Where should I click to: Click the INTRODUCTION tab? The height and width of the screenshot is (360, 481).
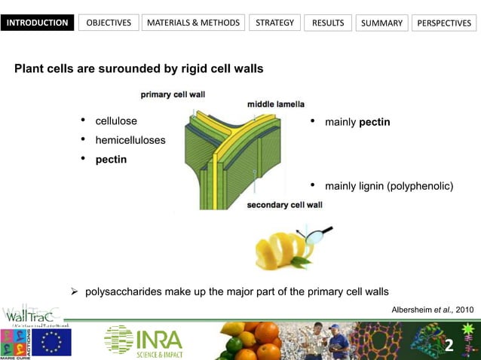[x=38, y=23]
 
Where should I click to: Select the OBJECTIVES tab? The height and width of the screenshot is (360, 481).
[x=109, y=23]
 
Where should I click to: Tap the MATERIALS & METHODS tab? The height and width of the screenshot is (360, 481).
[x=193, y=23]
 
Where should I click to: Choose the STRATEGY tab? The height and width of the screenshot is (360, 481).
[x=274, y=23]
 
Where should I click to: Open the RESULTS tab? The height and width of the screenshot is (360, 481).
[x=328, y=23]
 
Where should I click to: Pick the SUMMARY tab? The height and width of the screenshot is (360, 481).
[x=381, y=23]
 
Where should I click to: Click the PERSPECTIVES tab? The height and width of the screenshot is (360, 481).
[x=444, y=23]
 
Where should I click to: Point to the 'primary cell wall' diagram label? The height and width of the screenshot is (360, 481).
[x=173, y=94]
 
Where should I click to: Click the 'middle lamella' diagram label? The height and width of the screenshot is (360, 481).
[x=276, y=104]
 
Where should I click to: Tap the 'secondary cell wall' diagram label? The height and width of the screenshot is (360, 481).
[x=285, y=204]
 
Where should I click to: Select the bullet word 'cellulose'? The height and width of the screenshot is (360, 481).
[x=116, y=121]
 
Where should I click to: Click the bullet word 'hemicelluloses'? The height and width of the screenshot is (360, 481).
[x=130, y=140]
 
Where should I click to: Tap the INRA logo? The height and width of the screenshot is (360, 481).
[x=143, y=340]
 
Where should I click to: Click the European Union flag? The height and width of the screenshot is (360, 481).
[x=51, y=342]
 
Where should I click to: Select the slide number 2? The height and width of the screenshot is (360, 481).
[x=449, y=346]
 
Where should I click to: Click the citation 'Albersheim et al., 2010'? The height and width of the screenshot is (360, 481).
[x=433, y=309]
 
